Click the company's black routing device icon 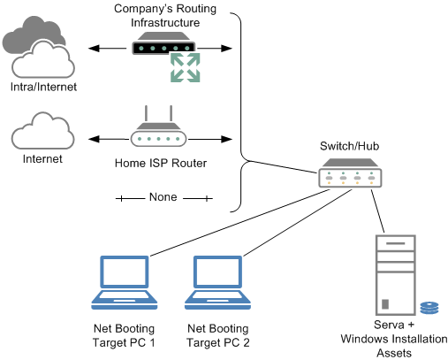(163, 43)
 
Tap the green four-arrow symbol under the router (186, 67)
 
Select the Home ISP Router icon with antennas (158, 126)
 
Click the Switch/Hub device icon (350, 173)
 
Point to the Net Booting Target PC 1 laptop (125, 282)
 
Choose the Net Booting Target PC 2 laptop (217, 282)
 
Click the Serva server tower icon (396, 275)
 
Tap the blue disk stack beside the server (429, 308)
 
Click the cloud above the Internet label (42, 131)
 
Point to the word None (163, 197)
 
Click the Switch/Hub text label (349, 146)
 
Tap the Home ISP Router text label (161, 163)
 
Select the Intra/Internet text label (43, 87)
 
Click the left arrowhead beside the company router (94, 49)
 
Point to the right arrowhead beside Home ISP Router (226, 139)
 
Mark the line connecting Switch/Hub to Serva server (377, 211)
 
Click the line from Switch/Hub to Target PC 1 (240, 223)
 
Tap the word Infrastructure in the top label (165, 23)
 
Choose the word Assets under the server (394, 353)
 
